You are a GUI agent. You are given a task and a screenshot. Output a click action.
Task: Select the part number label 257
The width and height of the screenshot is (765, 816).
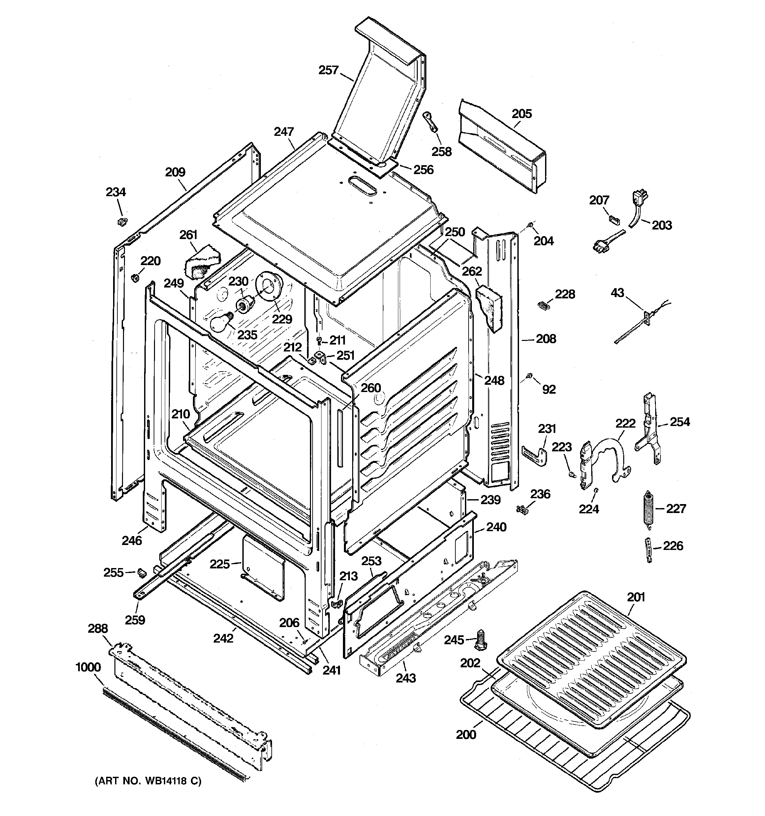click(328, 70)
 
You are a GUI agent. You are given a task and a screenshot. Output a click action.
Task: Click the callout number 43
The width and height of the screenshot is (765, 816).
click(617, 293)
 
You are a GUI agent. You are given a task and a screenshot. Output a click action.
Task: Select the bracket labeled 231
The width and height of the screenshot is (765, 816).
click(535, 456)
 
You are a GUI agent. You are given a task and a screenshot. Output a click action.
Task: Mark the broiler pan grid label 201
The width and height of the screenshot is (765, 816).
click(636, 597)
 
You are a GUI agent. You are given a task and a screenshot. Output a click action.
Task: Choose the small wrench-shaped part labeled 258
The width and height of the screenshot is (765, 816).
click(430, 123)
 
